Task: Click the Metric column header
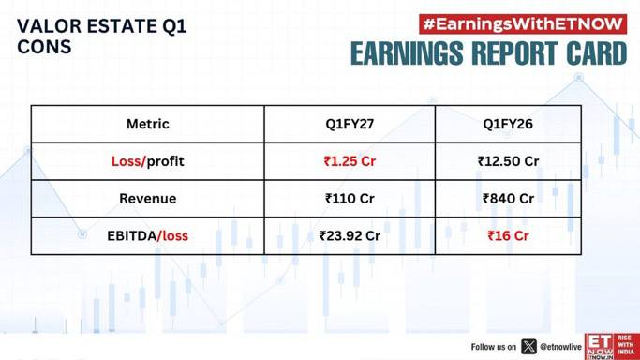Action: click(x=148, y=124)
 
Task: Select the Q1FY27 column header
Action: click(x=350, y=124)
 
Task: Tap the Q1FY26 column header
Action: click(x=508, y=124)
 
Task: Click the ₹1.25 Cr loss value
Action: click(x=350, y=161)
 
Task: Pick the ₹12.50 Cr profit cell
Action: click(x=508, y=161)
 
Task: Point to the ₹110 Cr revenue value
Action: click(x=350, y=199)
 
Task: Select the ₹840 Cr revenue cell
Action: click(x=508, y=199)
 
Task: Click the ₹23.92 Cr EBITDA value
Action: click(x=350, y=236)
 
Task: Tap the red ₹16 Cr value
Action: click(x=508, y=236)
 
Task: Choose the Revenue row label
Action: click(x=148, y=199)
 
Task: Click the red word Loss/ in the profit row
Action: click(x=128, y=161)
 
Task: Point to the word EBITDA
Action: click(x=132, y=236)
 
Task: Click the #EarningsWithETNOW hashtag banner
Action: click(x=523, y=24)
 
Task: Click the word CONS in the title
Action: click(x=44, y=47)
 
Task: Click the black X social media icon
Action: click(x=529, y=347)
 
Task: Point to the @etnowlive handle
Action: click(x=560, y=347)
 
